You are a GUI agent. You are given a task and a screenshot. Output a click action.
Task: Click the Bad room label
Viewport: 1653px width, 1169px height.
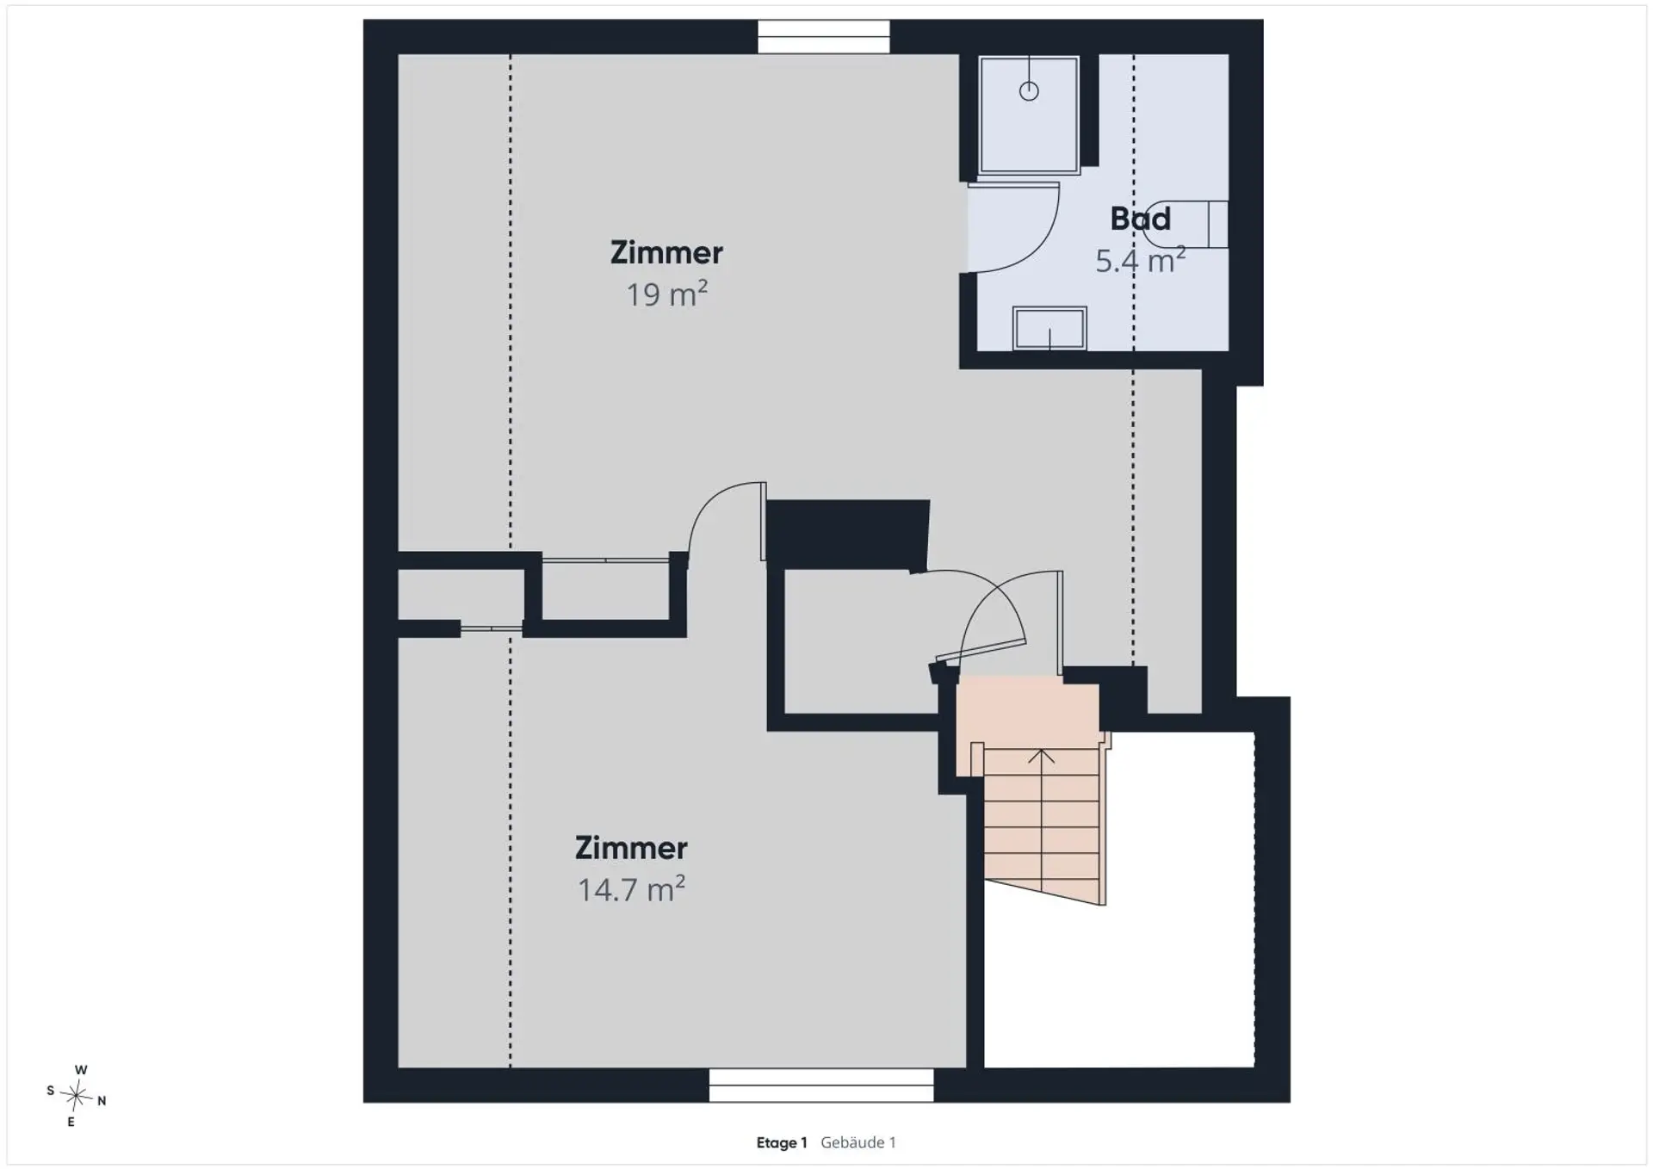[1140, 219]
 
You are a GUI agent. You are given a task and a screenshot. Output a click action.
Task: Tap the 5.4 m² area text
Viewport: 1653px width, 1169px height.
[1140, 260]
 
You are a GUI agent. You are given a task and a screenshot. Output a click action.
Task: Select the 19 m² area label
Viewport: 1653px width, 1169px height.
[666, 294]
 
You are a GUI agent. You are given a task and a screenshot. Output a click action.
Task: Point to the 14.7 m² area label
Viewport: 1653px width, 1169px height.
[631, 889]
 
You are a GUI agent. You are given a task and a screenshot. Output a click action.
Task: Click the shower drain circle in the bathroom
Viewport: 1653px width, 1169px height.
[1029, 91]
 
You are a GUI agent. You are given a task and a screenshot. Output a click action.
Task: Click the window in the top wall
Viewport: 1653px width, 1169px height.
[823, 37]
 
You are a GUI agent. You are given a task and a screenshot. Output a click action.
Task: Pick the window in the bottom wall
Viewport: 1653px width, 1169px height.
[821, 1085]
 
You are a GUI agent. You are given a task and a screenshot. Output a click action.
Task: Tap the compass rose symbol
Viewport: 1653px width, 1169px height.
[77, 1096]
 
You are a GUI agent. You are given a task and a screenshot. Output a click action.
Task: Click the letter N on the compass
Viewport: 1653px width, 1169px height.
[102, 1101]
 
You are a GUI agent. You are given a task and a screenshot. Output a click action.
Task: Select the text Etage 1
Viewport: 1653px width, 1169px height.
[782, 1143]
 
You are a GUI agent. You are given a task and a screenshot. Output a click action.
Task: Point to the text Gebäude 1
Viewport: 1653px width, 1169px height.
[858, 1142]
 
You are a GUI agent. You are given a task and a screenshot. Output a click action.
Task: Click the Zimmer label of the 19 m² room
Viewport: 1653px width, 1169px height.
[666, 253]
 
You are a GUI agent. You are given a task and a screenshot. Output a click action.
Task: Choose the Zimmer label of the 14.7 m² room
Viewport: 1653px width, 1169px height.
[631, 849]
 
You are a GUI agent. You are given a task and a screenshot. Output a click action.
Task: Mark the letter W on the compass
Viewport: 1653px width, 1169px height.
[81, 1070]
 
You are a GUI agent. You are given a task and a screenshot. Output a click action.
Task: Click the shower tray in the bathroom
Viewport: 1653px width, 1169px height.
[1029, 114]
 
